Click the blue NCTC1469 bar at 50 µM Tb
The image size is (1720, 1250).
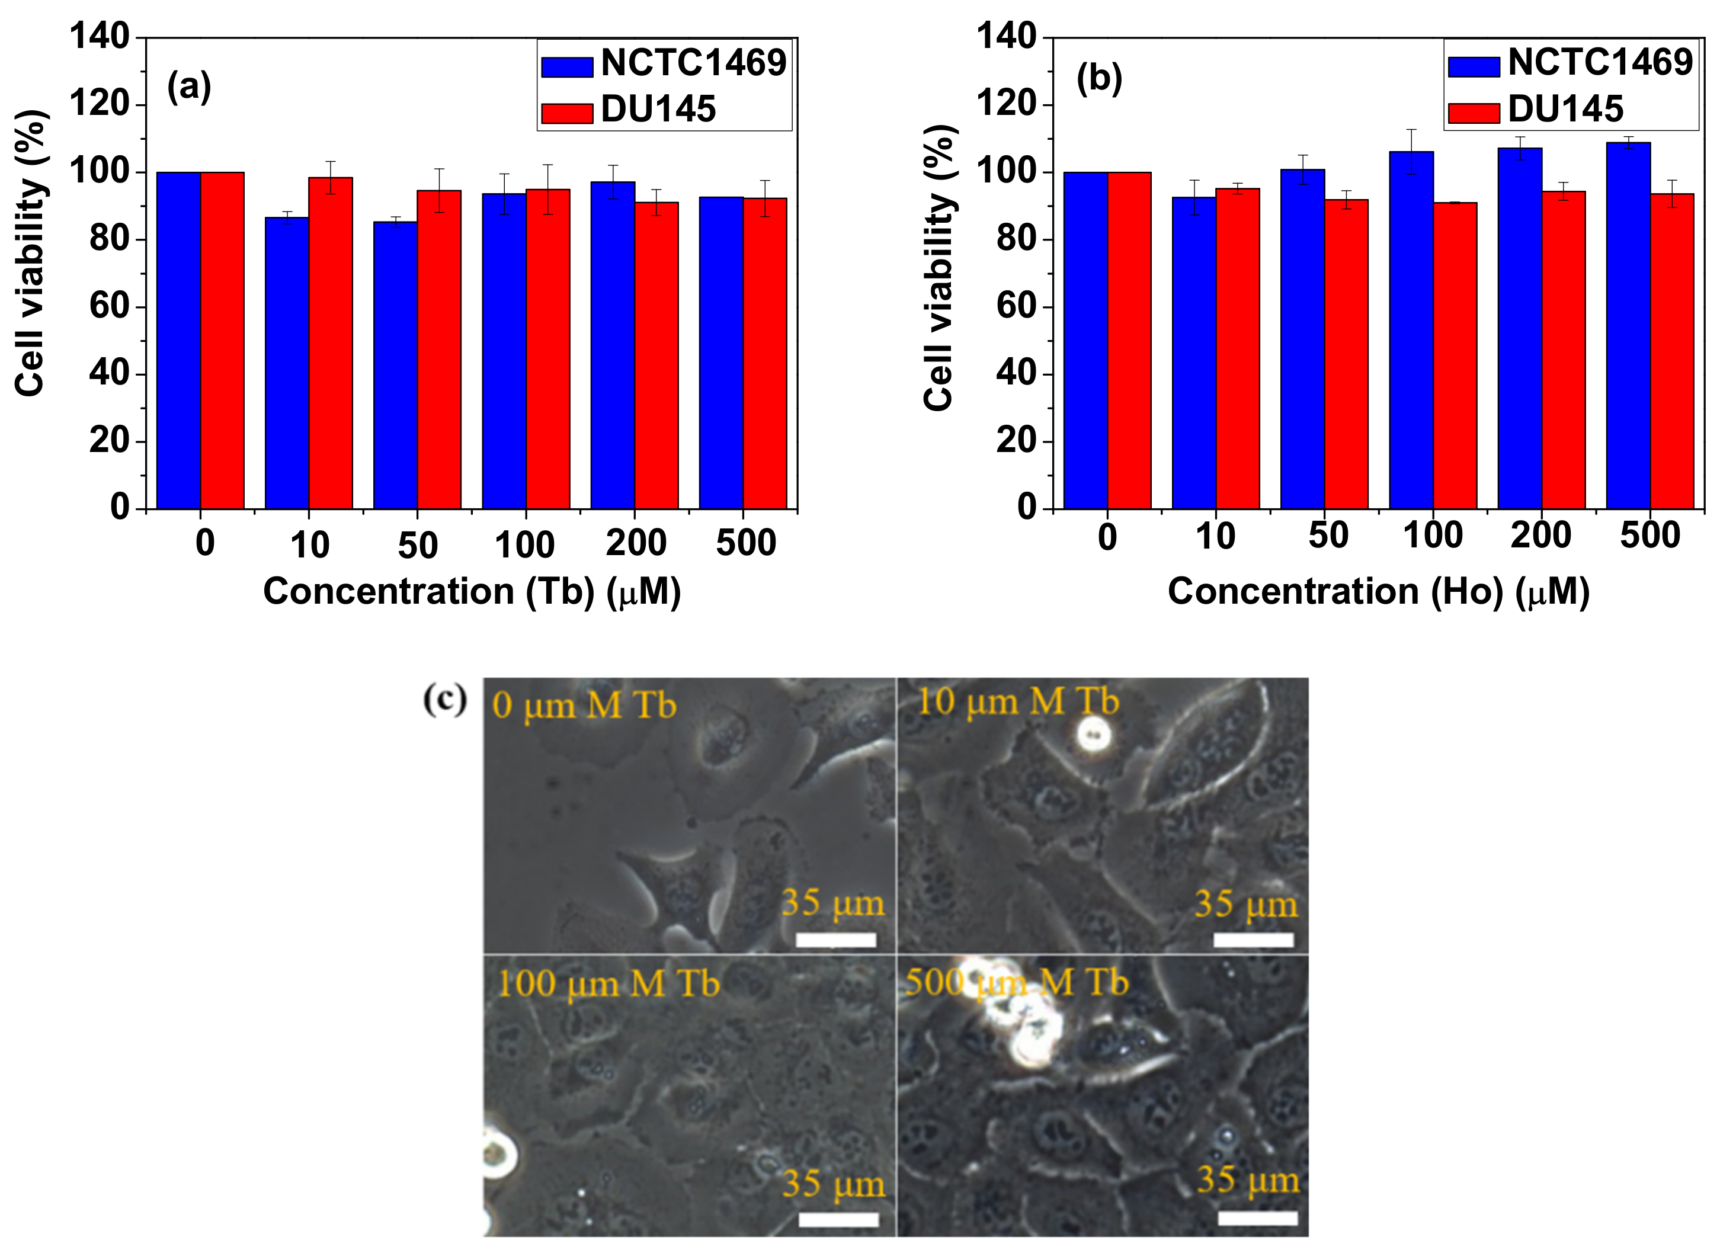point(395,364)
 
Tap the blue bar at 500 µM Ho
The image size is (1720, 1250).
point(1628,326)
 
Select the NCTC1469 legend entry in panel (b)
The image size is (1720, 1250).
point(1571,63)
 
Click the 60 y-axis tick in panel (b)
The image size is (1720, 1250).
point(1017,306)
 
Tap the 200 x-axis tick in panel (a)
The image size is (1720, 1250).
point(636,543)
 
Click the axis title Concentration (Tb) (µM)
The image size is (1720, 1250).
point(472,592)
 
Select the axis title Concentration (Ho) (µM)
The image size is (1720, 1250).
point(1378,592)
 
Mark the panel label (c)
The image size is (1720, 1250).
point(444,698)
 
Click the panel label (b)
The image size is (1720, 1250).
point(1099,78)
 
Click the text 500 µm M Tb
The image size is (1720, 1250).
point(1016,983)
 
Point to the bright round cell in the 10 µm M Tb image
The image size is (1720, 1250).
point(1093,734)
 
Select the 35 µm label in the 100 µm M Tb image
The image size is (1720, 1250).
point(834,1184)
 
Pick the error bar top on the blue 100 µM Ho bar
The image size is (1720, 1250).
point(1411,130)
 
